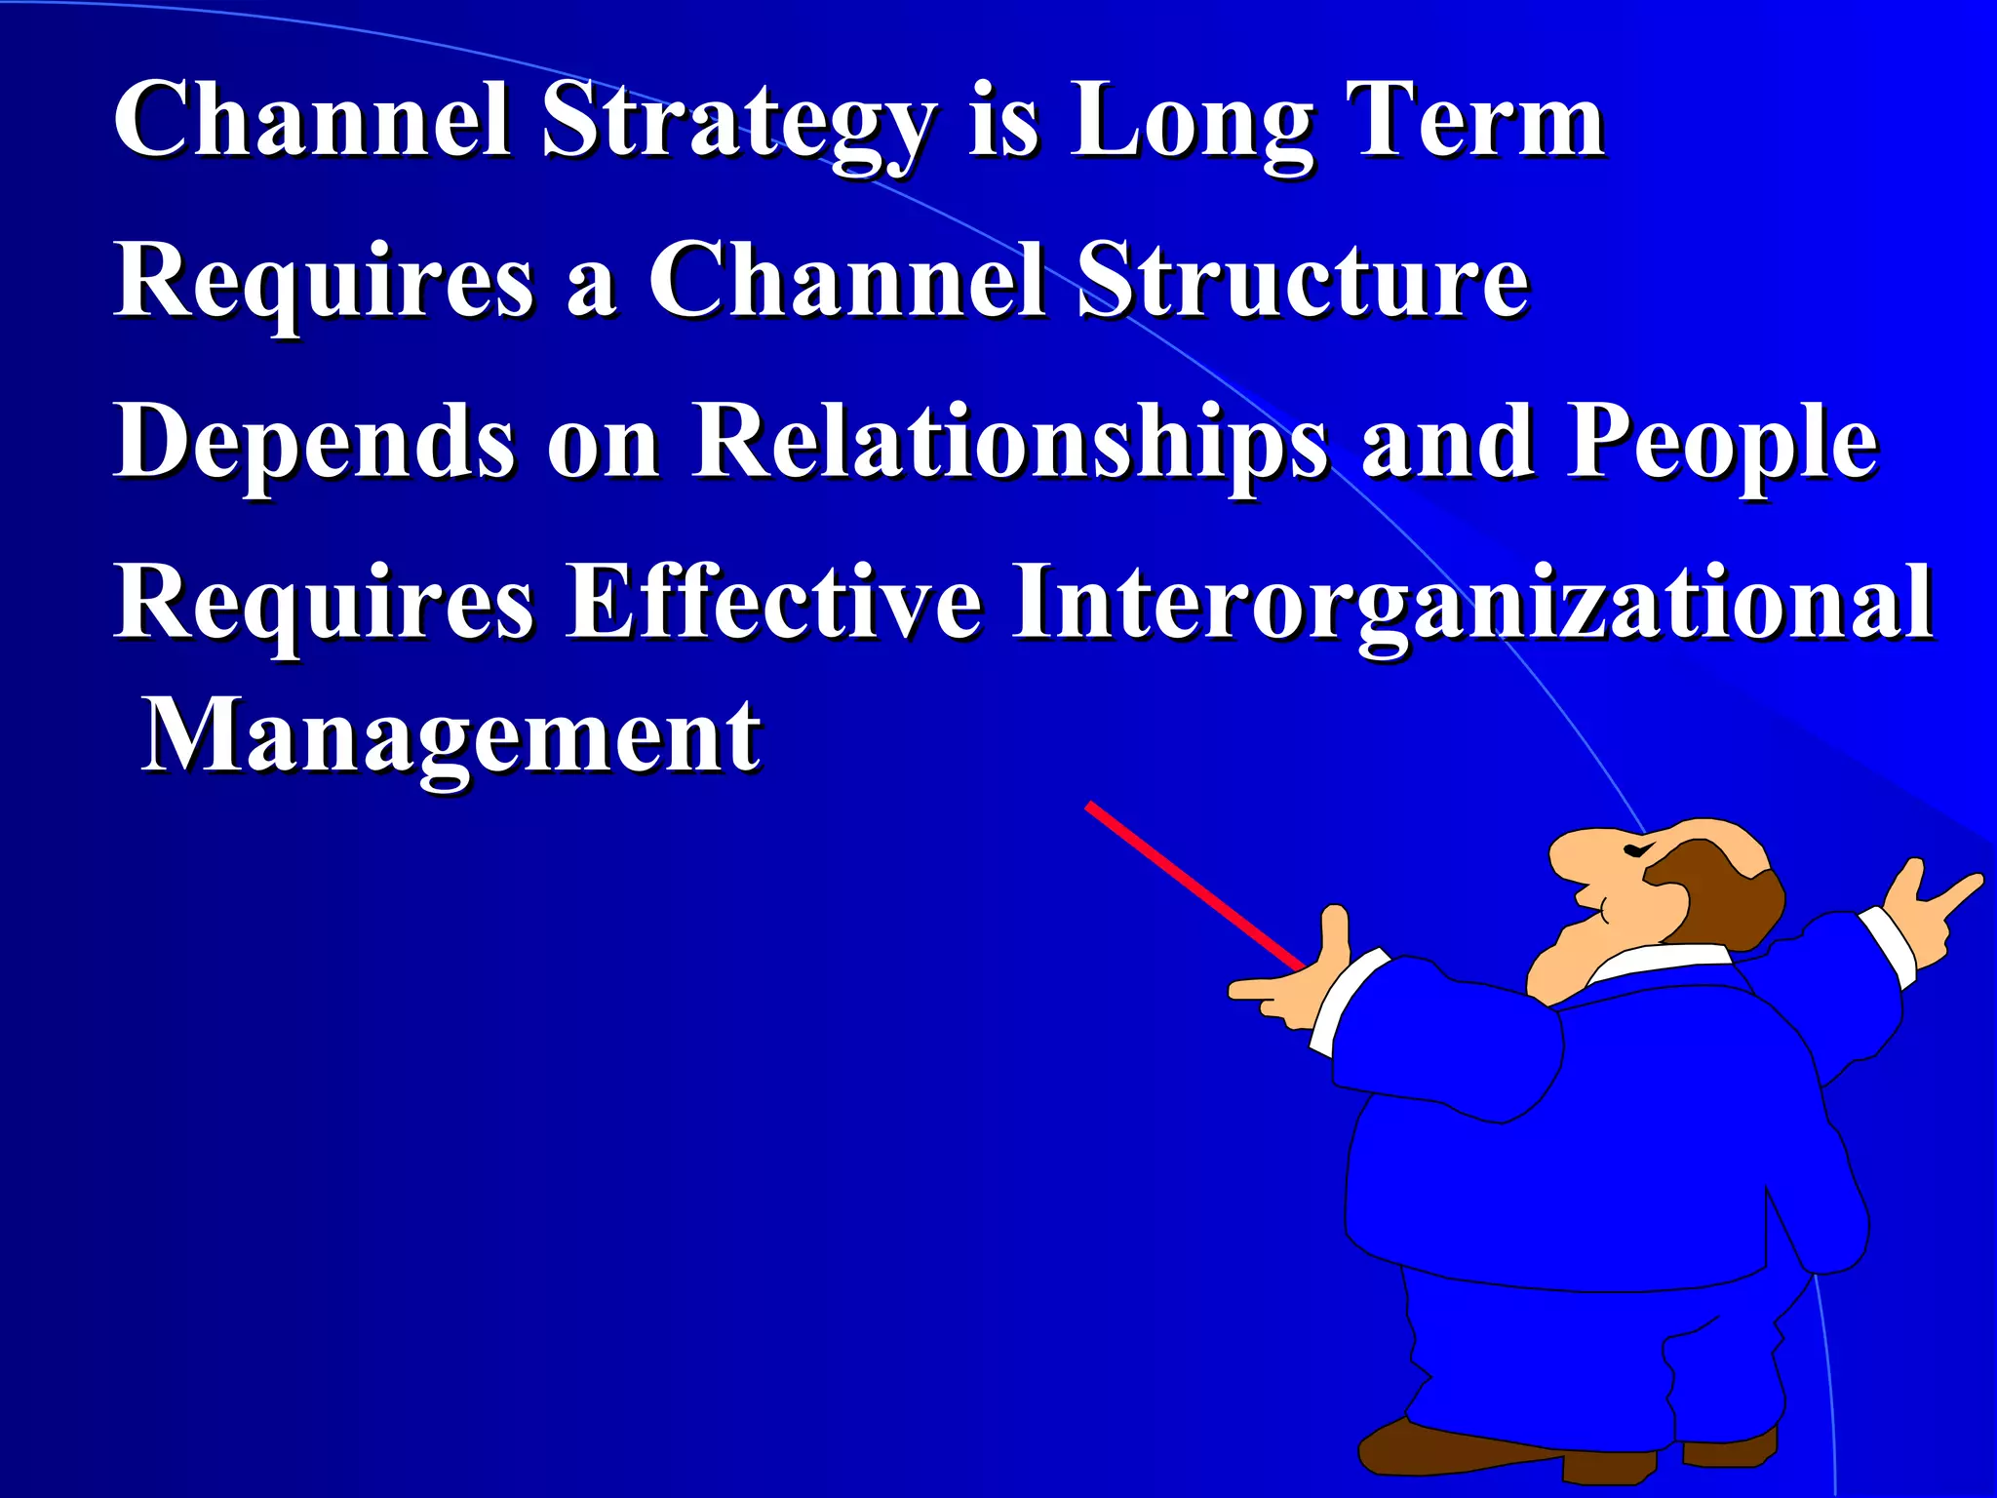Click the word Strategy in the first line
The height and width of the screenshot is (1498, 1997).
coord(736,125)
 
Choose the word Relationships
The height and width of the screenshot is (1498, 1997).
coord(1009,444)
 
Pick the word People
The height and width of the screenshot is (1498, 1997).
coord(1721,444)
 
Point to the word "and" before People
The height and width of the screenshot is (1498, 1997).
coord(1447,444)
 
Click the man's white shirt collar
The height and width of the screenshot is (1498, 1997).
coord(1658,961)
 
